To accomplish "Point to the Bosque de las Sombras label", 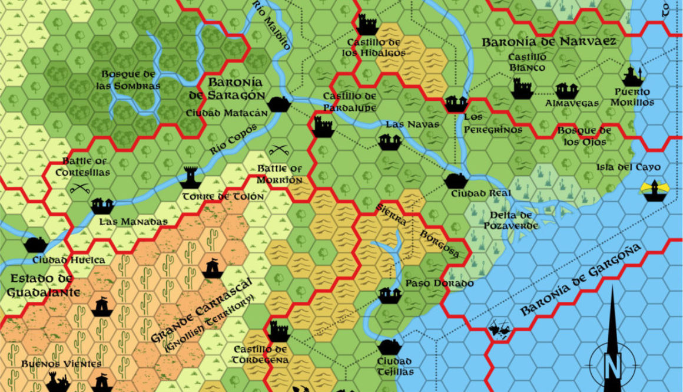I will click(131, 80).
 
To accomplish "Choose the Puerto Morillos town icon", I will click(632, 75).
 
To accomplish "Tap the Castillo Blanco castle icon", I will click(522, 88).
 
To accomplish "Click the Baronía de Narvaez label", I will click(549, 42).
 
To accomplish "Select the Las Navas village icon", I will click(390, 141).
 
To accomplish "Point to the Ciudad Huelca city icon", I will click(36, 244).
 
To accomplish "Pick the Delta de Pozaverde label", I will click(508, 220).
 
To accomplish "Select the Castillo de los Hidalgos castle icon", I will click(367, 25).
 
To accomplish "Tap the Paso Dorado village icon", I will click(388, 294).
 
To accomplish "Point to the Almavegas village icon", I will click(565, 90).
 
